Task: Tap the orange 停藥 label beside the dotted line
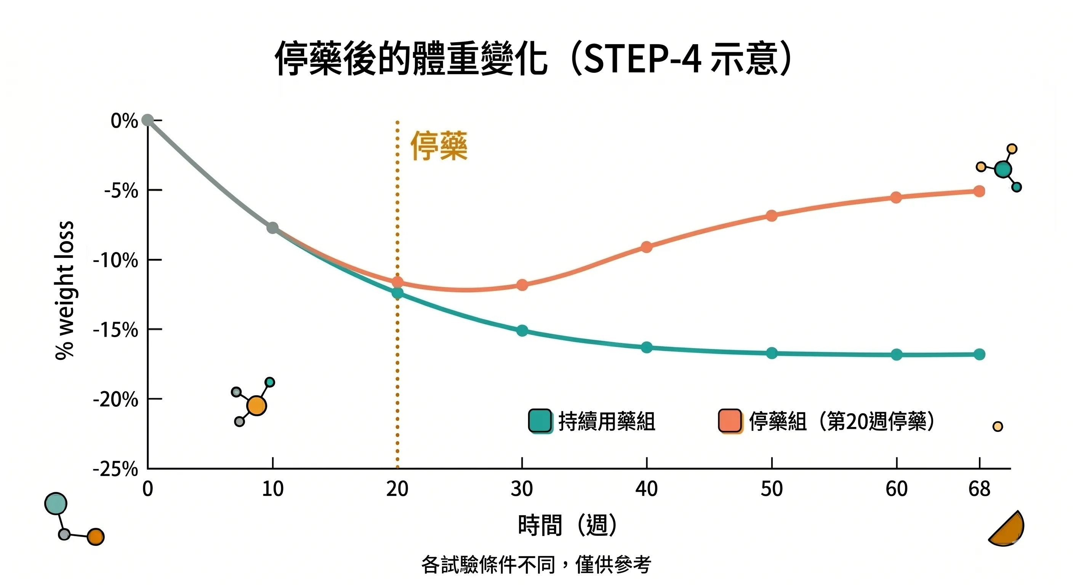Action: point(439,146)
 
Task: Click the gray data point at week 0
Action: point(147,120)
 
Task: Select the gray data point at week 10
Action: point(272,228)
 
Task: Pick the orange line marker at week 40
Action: point(647,247)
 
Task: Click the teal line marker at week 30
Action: point(522,331)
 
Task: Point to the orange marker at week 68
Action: point(979,191)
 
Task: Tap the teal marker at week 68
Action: point(979,354)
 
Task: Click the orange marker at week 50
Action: point(772,216)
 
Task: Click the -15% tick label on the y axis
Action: point(115,330)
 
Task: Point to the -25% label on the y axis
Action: point(115,469)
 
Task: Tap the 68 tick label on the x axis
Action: point(979,489)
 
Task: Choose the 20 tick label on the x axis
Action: point(397,489)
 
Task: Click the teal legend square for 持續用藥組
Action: point(540,420)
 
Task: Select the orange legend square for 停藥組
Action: point(730,420)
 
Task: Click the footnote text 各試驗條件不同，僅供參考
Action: point(536,564)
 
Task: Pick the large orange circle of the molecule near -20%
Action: point(256,406)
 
